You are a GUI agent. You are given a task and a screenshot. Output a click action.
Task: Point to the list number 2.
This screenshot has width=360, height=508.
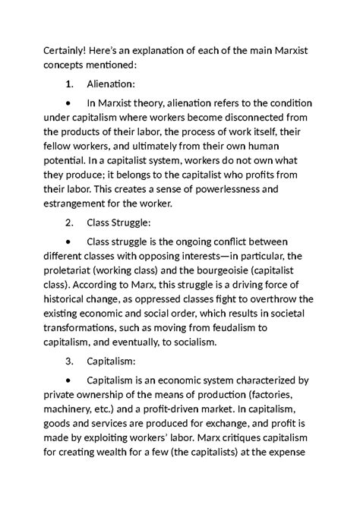pyautogui.click(x=69, y=225)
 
